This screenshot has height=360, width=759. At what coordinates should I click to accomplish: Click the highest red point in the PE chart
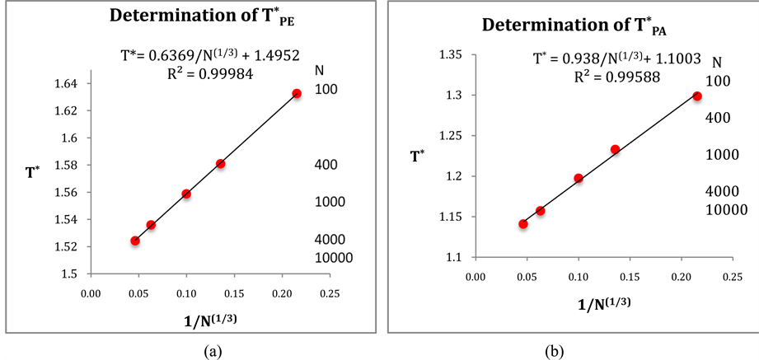click(x=297, y=94)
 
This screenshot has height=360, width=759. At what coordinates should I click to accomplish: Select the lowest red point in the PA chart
click(x=522, y=224)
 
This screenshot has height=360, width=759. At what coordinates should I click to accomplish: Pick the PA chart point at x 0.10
click(x=579, y=178)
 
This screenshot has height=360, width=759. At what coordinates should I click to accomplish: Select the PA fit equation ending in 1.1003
click(x=616, y=58)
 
